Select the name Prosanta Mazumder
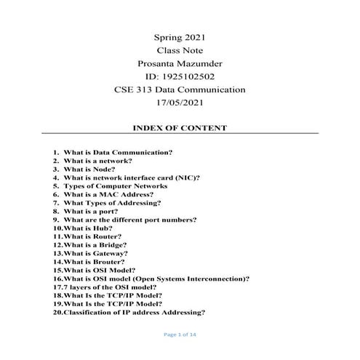pos(180,63)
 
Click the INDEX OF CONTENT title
pos(180,128)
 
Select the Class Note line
pos(180,50)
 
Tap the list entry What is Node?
pos(89,169)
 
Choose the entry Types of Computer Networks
pos(110,186)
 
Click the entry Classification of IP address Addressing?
pos(135,312)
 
